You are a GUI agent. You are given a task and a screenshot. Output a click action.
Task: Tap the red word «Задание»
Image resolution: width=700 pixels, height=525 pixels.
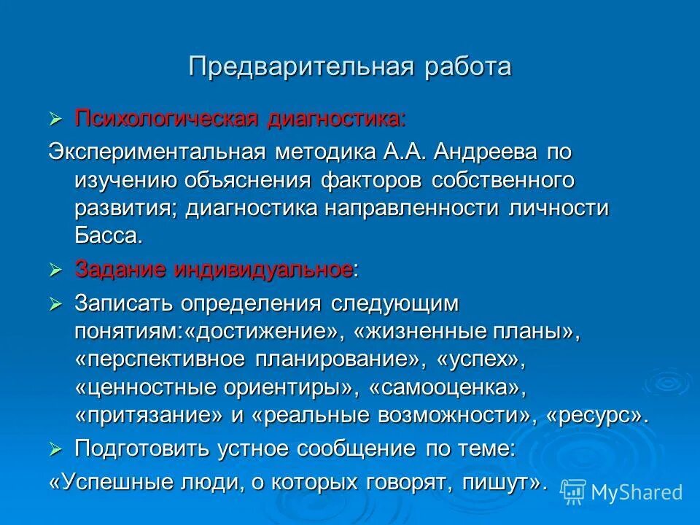tap(120, 270)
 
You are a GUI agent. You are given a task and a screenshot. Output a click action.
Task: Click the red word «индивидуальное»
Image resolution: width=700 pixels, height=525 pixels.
tap(263, 270)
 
